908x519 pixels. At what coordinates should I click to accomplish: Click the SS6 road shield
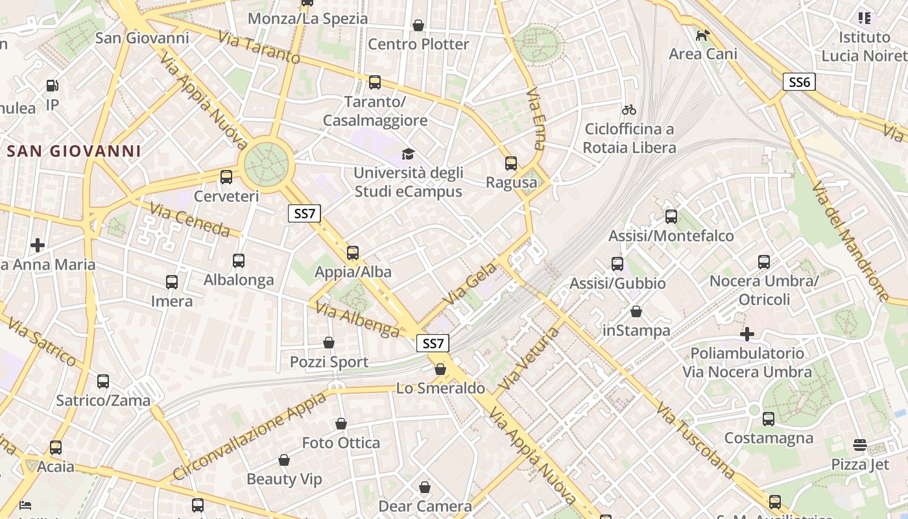798,82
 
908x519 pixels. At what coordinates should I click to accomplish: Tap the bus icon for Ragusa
511,163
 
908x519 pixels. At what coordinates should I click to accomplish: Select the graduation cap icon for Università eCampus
408,154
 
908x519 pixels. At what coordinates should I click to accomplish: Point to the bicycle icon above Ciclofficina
628,110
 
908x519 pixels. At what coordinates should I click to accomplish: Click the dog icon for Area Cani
702,35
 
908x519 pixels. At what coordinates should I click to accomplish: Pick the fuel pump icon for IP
52,85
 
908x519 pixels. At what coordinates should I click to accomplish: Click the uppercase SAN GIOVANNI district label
73,151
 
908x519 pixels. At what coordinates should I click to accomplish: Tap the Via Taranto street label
259,47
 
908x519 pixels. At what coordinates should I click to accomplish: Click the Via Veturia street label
527,358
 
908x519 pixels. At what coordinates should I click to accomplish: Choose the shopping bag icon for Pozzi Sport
329,342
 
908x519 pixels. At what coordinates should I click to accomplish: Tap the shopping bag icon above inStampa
636,311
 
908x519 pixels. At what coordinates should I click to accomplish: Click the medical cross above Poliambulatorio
747,334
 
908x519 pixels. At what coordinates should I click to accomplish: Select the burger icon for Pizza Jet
860,445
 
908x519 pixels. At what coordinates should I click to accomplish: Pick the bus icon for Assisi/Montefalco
671,216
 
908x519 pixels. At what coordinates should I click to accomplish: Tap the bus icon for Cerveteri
226,176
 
